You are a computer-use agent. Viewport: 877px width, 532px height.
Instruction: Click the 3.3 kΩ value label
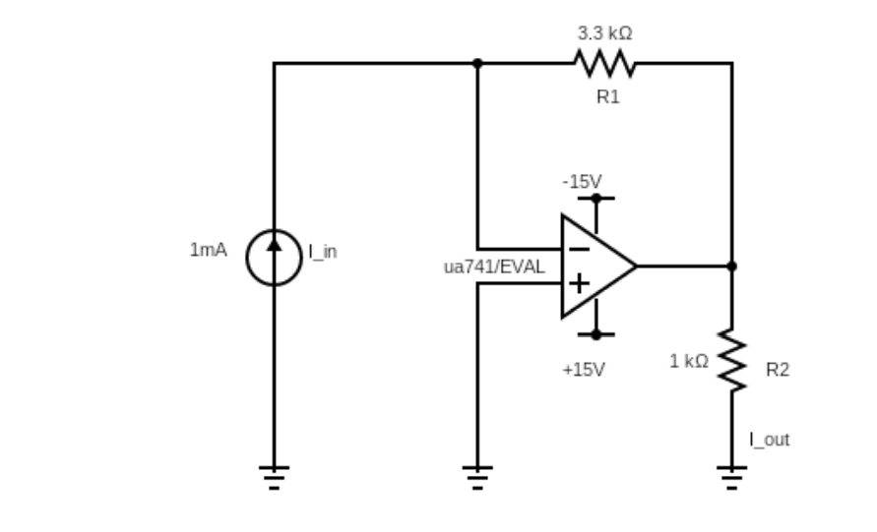pos(604,33)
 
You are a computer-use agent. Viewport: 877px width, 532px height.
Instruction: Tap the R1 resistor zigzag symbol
pos(604,64)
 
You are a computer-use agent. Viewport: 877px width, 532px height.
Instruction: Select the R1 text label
pos(608,96)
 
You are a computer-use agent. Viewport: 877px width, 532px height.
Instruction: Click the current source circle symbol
pos(274,259)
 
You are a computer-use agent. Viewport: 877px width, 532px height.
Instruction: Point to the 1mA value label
pos(208,250)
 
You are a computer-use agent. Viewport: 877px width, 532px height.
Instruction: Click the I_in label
pos(323,252)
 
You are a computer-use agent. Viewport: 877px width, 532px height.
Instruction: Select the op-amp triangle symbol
pos(596,266)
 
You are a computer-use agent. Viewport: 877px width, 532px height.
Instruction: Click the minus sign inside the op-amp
pos(580,249)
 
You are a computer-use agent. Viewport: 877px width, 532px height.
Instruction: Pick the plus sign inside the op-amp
pos(580,284)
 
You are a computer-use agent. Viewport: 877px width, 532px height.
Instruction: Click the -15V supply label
pos(582,182)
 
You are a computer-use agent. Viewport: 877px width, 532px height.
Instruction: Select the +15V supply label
pos(584,370)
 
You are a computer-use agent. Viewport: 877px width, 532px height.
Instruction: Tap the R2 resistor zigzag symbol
pos(732,360)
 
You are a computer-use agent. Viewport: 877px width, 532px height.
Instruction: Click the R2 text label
pos(778,370)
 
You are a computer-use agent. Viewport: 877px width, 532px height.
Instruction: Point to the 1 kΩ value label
pos(689,361)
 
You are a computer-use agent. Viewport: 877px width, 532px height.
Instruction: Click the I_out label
pos(769,440)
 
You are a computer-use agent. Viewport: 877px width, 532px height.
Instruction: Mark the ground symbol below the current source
pos(274,476)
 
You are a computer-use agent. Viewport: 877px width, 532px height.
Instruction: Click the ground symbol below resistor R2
pos(732,476)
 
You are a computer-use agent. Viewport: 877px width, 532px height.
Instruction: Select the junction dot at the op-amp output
pos(731,266)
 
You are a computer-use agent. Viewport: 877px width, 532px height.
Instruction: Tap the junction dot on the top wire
pos(477,63)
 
